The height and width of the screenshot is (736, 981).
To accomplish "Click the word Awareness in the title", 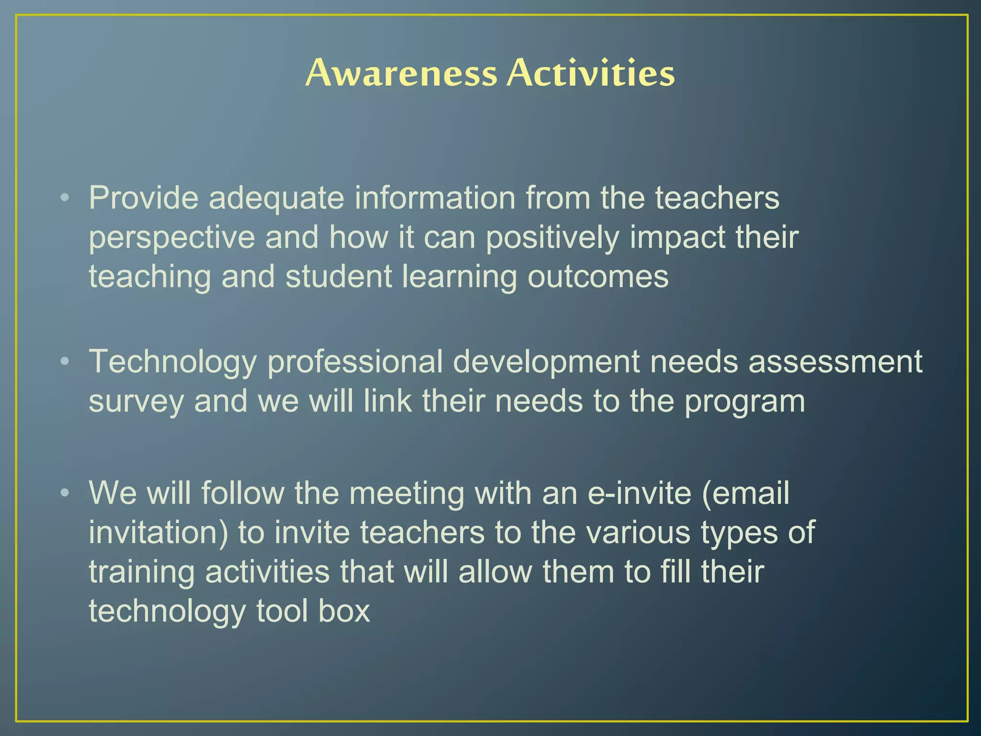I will coord(401,73).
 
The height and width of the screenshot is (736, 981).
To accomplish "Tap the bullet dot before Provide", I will coord(65,197).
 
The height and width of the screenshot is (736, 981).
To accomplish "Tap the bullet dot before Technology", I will coord(65,361).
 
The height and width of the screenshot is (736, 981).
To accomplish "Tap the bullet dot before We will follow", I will coord(65,493).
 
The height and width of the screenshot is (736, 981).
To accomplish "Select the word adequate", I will coord(276,198).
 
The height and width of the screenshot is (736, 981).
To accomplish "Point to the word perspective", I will coord(171,238).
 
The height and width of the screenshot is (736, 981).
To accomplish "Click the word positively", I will coord(552,238).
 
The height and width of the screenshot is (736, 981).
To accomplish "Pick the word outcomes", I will coord(598,277).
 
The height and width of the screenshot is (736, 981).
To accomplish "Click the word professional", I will coord(354,362).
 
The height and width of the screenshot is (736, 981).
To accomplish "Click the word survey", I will coord(136,402).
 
